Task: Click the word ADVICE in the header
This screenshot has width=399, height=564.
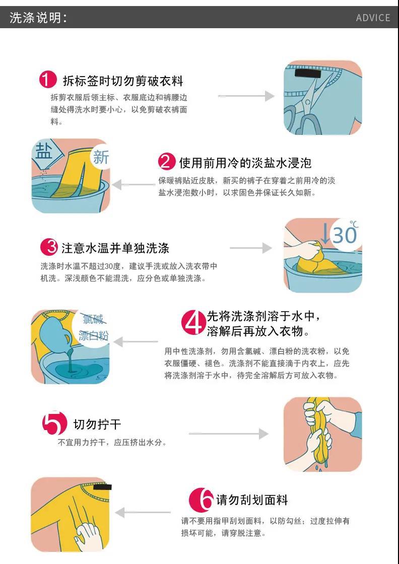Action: [373, 18]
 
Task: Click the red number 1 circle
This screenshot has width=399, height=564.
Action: [48, 80]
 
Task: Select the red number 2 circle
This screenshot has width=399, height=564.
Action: [167, 162]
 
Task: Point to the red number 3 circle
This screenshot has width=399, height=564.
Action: [49, 247]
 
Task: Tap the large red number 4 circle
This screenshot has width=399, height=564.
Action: [194, 323]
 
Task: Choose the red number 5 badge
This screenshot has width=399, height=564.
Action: [54, 423]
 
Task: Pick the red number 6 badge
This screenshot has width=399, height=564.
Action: [201, 500]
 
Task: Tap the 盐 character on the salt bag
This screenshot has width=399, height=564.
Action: [43, 152]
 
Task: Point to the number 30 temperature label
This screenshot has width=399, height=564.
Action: [344, 235]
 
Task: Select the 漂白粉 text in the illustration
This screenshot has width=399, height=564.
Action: [93, 335]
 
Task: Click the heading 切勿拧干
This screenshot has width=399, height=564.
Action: [97, 424]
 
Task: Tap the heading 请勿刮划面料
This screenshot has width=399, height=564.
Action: [252, 500]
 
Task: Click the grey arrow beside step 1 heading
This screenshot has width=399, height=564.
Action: [246, 96]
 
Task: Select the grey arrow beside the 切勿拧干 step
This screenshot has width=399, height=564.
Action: [228, 434]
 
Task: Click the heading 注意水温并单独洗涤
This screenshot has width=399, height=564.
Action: [115, 248]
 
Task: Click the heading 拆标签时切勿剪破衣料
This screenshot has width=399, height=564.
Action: [123, 81]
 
